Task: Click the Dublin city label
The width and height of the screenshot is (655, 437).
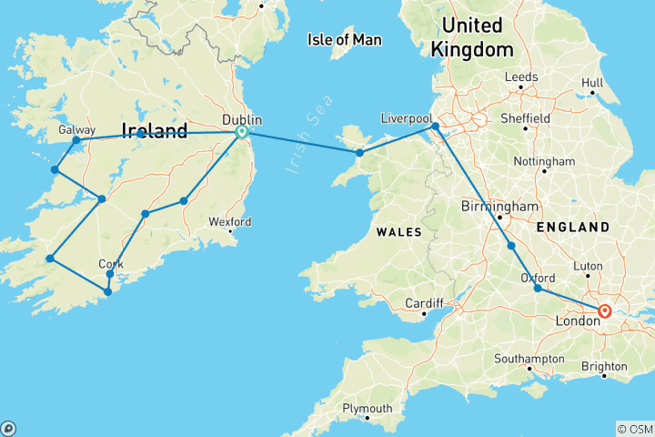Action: [x=243, y=118]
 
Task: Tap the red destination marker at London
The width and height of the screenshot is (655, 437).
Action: [x=605, y=310]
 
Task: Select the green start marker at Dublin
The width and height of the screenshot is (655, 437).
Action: [x=242, y=132]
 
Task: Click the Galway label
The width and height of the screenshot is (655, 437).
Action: [x=76, y=130]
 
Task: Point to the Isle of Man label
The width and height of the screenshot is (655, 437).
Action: [x=345, y=39]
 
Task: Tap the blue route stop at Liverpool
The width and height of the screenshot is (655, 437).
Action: [x=436, y=127]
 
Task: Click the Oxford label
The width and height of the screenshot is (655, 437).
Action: [x=538, y=278]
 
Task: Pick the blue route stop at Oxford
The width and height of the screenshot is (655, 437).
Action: [x=538, y=289]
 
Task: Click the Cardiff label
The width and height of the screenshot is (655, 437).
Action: [x=423, y=303]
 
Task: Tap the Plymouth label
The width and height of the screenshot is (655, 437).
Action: [x=367, y=409]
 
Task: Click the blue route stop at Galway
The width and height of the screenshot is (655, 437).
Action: [x=76, y=141]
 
